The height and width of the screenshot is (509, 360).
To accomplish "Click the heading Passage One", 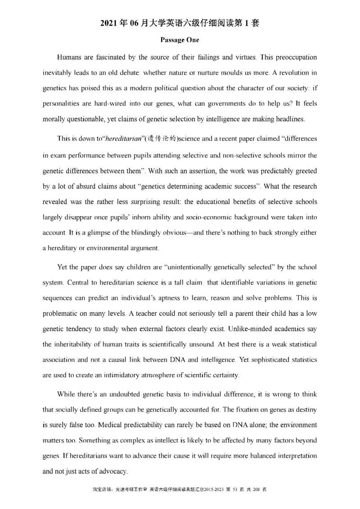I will click(180, 40).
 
